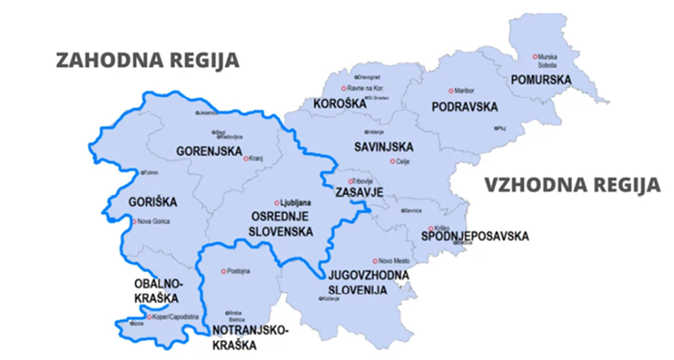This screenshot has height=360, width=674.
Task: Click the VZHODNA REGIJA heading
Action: point(572,185)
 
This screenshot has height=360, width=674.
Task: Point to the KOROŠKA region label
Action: point(339,103)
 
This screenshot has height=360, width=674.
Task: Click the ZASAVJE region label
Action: point(359,192)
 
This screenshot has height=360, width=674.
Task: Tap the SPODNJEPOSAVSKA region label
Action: point(474,237)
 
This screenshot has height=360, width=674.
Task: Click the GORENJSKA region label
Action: point(209,152)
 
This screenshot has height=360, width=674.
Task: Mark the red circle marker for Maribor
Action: point(450,90)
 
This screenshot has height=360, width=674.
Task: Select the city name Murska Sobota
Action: point(548,61)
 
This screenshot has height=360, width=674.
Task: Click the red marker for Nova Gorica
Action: point(134,221)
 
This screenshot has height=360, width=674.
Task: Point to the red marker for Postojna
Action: point(224,271)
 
